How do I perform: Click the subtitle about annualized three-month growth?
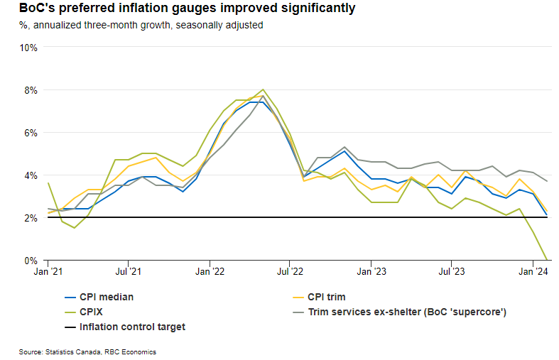point(141,25)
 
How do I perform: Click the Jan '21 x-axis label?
point(46,271)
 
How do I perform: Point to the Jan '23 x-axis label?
point(371,271)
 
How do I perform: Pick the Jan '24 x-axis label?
point(534,271)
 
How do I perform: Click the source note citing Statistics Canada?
point(87,351)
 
